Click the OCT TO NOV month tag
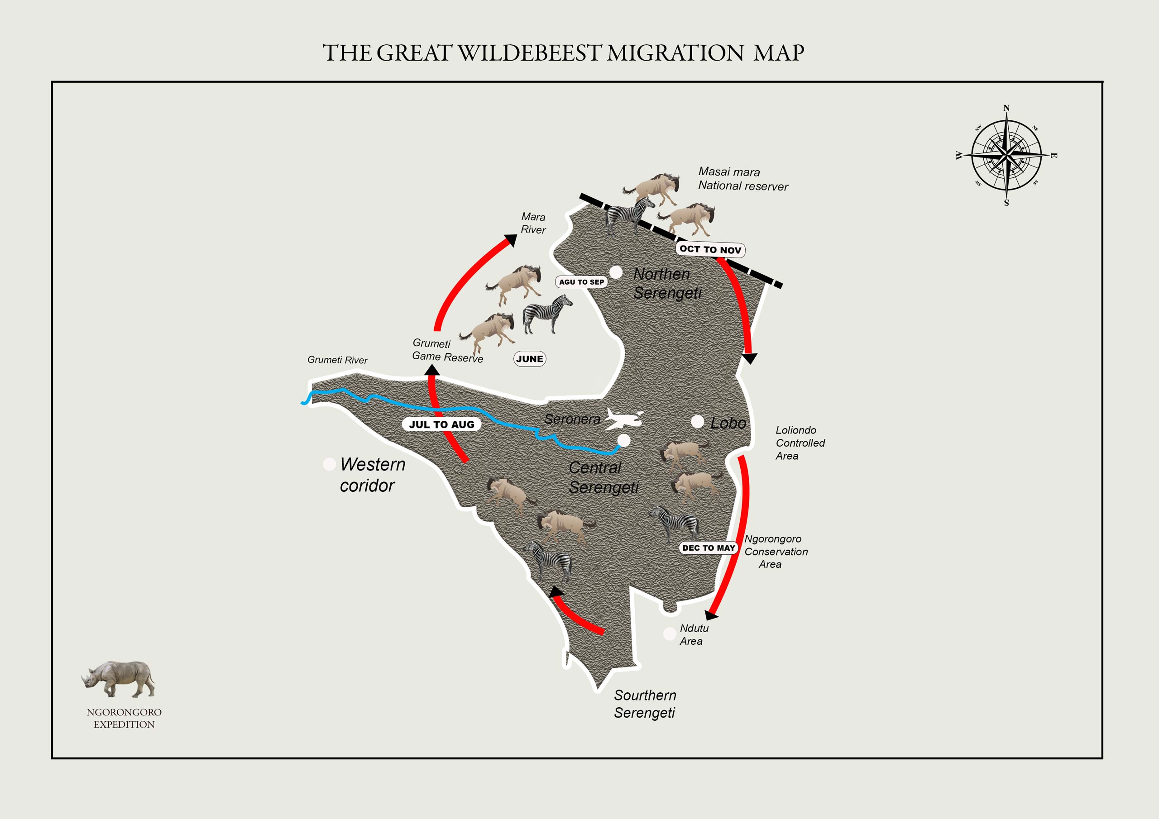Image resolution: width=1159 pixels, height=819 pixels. [710, 249]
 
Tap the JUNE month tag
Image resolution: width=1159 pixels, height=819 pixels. [530, 359]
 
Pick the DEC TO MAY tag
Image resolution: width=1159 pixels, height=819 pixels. [708, 548]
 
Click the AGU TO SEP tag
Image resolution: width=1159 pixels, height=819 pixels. [581, 282]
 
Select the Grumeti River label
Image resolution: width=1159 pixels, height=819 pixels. [337, 360]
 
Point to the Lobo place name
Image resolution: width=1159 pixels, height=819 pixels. [728, 423]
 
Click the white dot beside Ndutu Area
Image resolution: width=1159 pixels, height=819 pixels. [669, 634]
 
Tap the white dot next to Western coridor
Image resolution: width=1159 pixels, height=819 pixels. [329, 464]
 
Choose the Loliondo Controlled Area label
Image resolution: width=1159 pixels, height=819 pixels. [800, 443]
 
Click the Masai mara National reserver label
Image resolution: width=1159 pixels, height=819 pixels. [742, 179]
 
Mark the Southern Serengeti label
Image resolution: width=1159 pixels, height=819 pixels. [645, 704]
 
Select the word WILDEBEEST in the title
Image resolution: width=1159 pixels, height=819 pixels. [530, 53]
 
